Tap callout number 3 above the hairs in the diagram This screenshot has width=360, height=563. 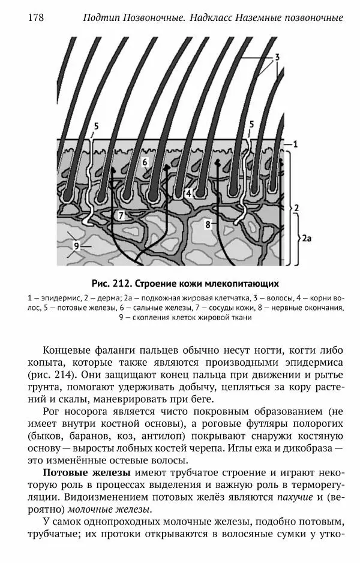pos(278,58)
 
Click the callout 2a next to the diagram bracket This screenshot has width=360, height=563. pos(307,239)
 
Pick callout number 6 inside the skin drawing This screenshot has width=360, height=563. pos(145,162)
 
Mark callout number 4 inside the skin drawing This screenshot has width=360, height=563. pos(188,194)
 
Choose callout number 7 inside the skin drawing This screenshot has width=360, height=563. pos(121,215)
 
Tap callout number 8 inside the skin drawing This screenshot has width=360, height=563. pos(208,224)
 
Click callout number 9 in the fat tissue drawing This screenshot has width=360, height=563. pos(76,245)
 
